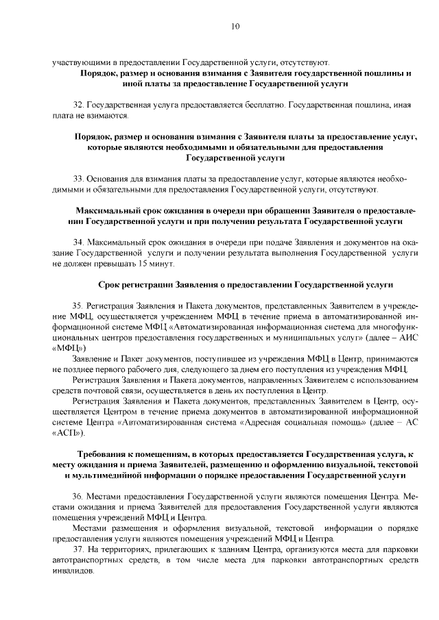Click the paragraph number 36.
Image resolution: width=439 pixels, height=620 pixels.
[x=77, y=496]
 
